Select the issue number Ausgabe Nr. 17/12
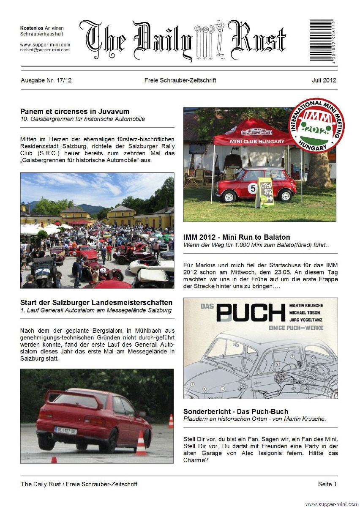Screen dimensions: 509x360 coord(46,80)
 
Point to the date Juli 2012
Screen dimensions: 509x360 coord(324,80)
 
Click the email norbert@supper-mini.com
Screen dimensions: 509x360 coord(45,50)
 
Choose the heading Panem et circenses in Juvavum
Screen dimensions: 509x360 coord(75,112)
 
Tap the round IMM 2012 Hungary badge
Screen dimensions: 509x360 coord(316,126)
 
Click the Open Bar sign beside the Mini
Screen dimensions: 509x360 coord(265,192)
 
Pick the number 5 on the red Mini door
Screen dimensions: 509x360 coord(253,188)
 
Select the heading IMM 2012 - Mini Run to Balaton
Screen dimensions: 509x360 coord(237,237)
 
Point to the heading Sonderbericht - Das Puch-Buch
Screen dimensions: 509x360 coord(236,411)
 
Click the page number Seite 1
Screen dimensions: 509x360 coord(327,484)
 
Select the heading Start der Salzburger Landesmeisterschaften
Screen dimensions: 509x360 coord(96,303)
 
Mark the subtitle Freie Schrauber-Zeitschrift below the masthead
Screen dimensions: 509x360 coord(180,80)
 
